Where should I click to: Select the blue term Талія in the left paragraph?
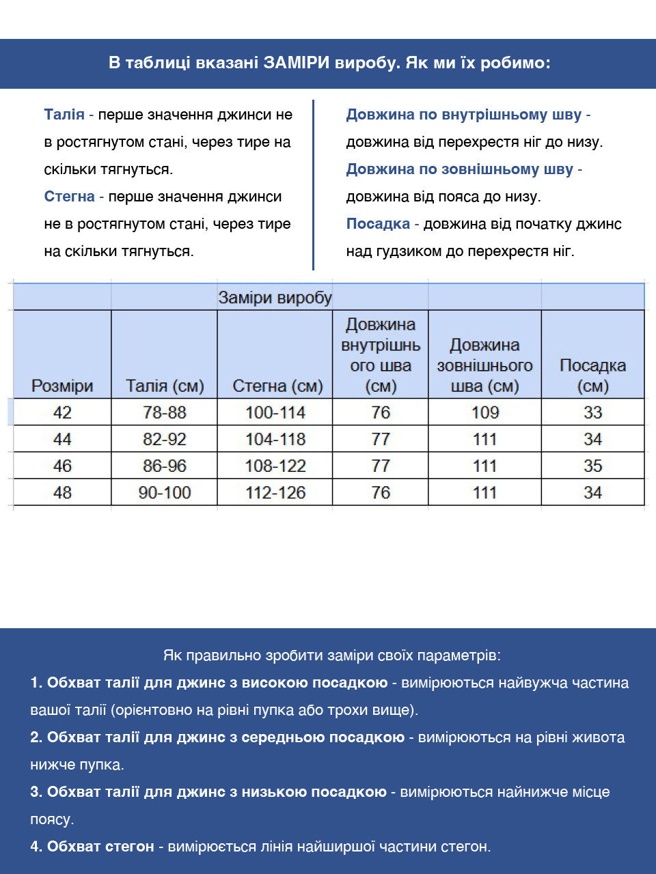(x=64, y=115)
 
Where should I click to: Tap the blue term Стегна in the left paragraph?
(x=69, y=197)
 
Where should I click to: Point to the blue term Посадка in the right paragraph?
(x=378, y=224)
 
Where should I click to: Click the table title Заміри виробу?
(x=275, y=298)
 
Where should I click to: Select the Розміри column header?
(x=62, y=386)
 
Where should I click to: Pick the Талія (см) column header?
(x=165, y=386)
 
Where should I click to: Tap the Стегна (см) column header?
(x=277, y=386)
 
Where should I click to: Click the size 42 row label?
(x=62, y=412)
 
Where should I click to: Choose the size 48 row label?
(x=62, y=492)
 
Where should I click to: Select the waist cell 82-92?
(x=165, y=439)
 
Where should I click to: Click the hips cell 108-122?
(x=275, y=466)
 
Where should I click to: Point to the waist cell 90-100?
(x=165, y=492)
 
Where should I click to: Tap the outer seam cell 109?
(x=485, y=412)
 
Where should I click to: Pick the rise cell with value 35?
(x=592, y=466)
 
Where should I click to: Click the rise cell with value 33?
(x=592, y=412)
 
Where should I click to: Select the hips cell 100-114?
(x=275, y=412)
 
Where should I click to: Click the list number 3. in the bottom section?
(x=36, y=792)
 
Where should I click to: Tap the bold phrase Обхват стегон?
(x=100, y=847)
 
